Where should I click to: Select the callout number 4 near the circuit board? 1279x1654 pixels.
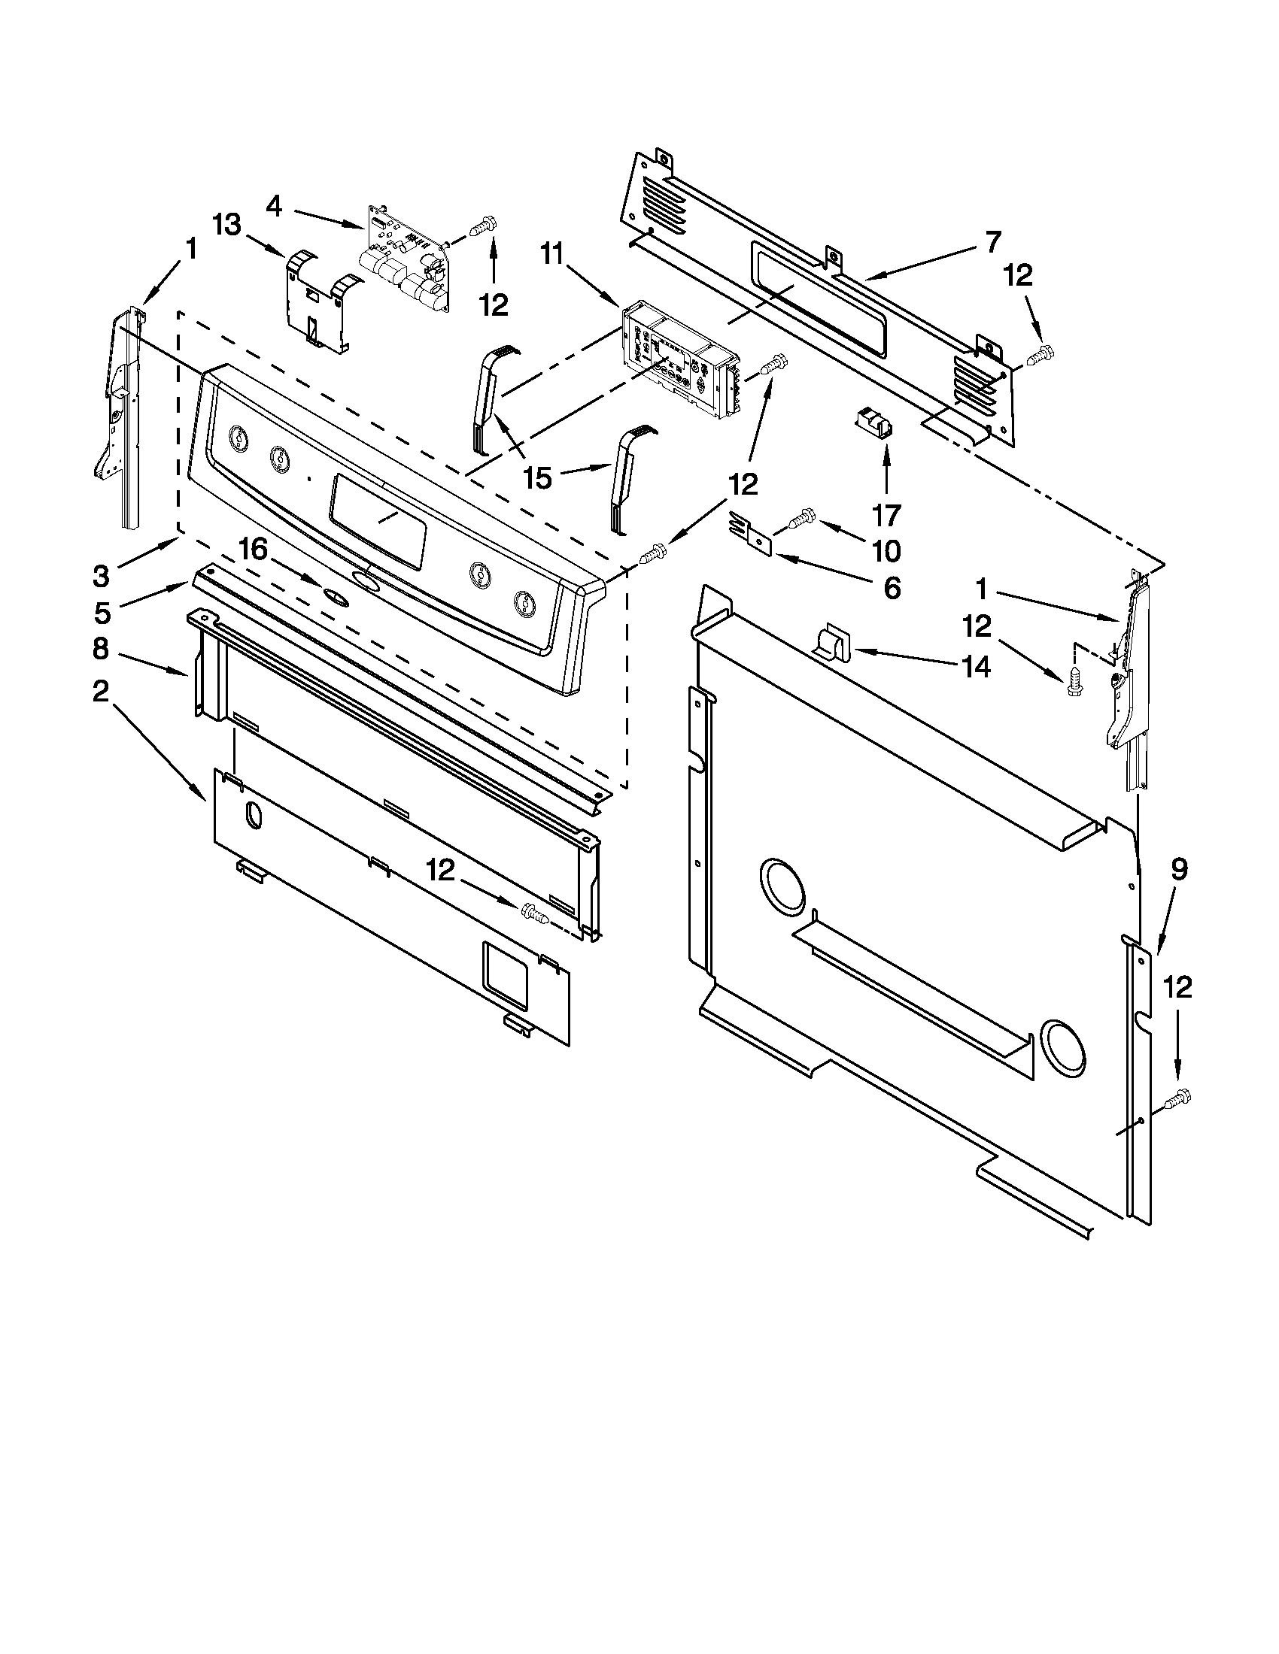click(275, 205)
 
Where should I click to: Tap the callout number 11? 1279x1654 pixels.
click(551, 255)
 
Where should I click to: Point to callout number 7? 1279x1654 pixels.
click(992, 241)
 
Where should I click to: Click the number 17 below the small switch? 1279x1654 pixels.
click(886, 515)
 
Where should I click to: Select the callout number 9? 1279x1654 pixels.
click(1178, 870)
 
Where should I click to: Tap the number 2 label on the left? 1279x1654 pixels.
click(101, 691)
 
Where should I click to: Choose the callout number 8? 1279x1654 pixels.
click(101, 649)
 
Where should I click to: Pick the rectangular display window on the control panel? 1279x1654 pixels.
click(378, 521)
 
